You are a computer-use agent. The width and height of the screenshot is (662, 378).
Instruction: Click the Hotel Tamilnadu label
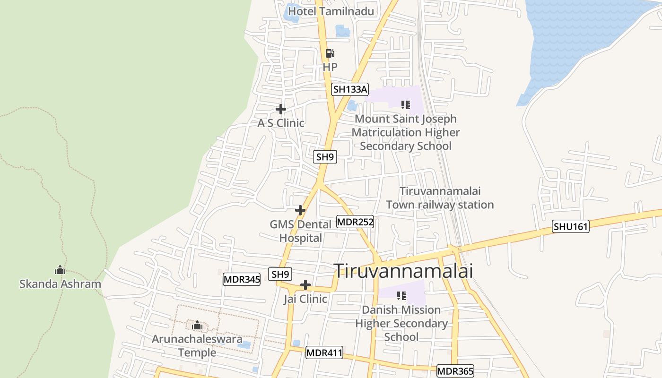[331, 11]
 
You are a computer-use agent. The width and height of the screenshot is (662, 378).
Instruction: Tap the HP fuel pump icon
[330, 54]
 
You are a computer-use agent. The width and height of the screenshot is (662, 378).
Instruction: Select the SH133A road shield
[349, 89]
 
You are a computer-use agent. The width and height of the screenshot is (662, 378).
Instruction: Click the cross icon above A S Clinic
[281, 109]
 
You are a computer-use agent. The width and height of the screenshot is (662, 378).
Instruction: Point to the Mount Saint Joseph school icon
[405, 104]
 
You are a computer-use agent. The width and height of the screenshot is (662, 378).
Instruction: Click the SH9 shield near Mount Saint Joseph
[325, 157]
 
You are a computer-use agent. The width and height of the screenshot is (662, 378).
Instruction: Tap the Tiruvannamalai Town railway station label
[440, 198]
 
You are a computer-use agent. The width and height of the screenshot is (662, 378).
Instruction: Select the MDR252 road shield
[355, 222]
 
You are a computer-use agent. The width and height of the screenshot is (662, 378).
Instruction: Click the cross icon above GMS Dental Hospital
[300, 210]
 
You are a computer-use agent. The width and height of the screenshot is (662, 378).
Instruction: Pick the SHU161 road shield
[571, 227]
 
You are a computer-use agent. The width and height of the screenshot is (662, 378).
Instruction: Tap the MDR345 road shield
[242, 279]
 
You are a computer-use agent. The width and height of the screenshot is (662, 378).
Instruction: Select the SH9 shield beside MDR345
[280, 274]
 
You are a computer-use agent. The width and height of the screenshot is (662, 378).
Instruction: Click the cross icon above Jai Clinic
[305, 285]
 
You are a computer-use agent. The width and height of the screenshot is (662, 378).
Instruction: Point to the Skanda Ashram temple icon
[60, 270]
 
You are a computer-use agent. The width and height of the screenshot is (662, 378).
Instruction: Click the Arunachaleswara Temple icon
[197, 326]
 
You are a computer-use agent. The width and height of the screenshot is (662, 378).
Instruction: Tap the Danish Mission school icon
[401, 296]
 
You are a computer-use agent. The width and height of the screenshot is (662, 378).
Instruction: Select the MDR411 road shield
[324, 352]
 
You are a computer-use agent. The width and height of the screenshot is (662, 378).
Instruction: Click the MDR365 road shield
[455, 371]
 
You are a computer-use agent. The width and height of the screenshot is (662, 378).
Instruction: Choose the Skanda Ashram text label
[60, 284]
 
